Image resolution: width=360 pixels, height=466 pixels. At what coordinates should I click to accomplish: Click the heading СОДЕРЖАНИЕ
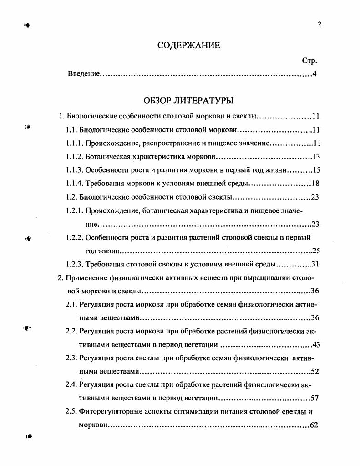(x=188, y=45)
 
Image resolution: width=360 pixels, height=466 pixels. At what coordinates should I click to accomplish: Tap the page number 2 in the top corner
(x=319, y=25)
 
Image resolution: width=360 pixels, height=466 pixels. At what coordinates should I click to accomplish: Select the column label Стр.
(x=309, y=61)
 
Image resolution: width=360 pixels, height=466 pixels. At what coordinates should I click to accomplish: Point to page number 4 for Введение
(x=314, y=74)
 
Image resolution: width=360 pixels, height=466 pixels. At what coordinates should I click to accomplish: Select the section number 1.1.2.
(x=75, y=157)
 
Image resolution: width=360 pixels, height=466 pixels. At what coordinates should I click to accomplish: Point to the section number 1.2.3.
(x=75, y=264)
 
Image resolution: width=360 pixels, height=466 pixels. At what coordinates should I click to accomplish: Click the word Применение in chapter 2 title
(x=85, y=278)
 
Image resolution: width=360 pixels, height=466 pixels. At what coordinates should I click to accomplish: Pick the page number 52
(x=314, y=371)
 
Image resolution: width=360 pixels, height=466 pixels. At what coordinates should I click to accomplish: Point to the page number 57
(x=314, y=399)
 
